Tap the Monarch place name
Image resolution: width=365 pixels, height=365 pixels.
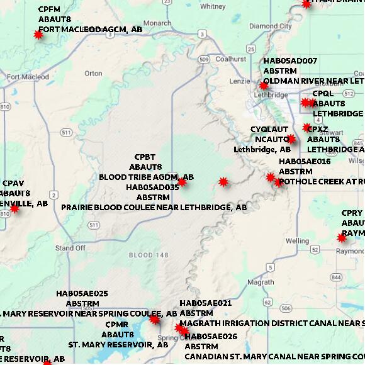coord(157,23)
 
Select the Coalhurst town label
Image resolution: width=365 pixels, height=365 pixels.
coord(230,59)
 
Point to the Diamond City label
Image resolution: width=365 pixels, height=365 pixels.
coord(271,26)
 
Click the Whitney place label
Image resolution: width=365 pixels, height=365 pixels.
coord(212,6)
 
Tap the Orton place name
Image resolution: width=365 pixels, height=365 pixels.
coord(93,74)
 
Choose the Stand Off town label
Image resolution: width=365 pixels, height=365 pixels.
coord(70,248)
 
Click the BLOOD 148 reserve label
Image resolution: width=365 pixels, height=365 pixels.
coord(149,255)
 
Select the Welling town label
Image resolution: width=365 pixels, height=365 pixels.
coord(297,241)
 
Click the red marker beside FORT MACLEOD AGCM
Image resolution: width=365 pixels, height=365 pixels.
coord(38,35)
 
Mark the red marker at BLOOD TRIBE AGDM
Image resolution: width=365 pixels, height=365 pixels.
coord(182,182)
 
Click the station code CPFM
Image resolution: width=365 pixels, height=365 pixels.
coord(50,9)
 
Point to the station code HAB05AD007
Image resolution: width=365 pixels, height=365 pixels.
coord(290,61)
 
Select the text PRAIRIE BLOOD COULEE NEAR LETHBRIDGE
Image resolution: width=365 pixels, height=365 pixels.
coord(154,207)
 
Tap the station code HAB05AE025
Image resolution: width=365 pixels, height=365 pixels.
coord(82,294)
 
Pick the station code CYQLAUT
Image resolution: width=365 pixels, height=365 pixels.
coord(269,130)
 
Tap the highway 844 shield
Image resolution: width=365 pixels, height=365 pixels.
coord(335,277)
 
